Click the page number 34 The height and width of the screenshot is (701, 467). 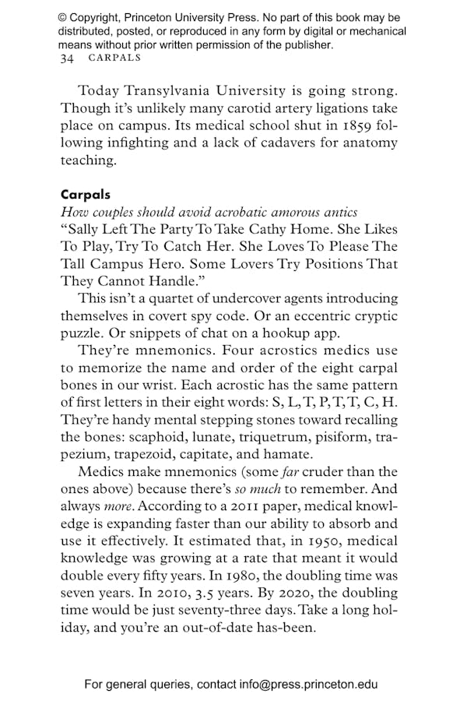pos(67,58)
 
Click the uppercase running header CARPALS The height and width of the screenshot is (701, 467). pos(114,58)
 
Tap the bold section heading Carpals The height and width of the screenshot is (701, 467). pos(86,196)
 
